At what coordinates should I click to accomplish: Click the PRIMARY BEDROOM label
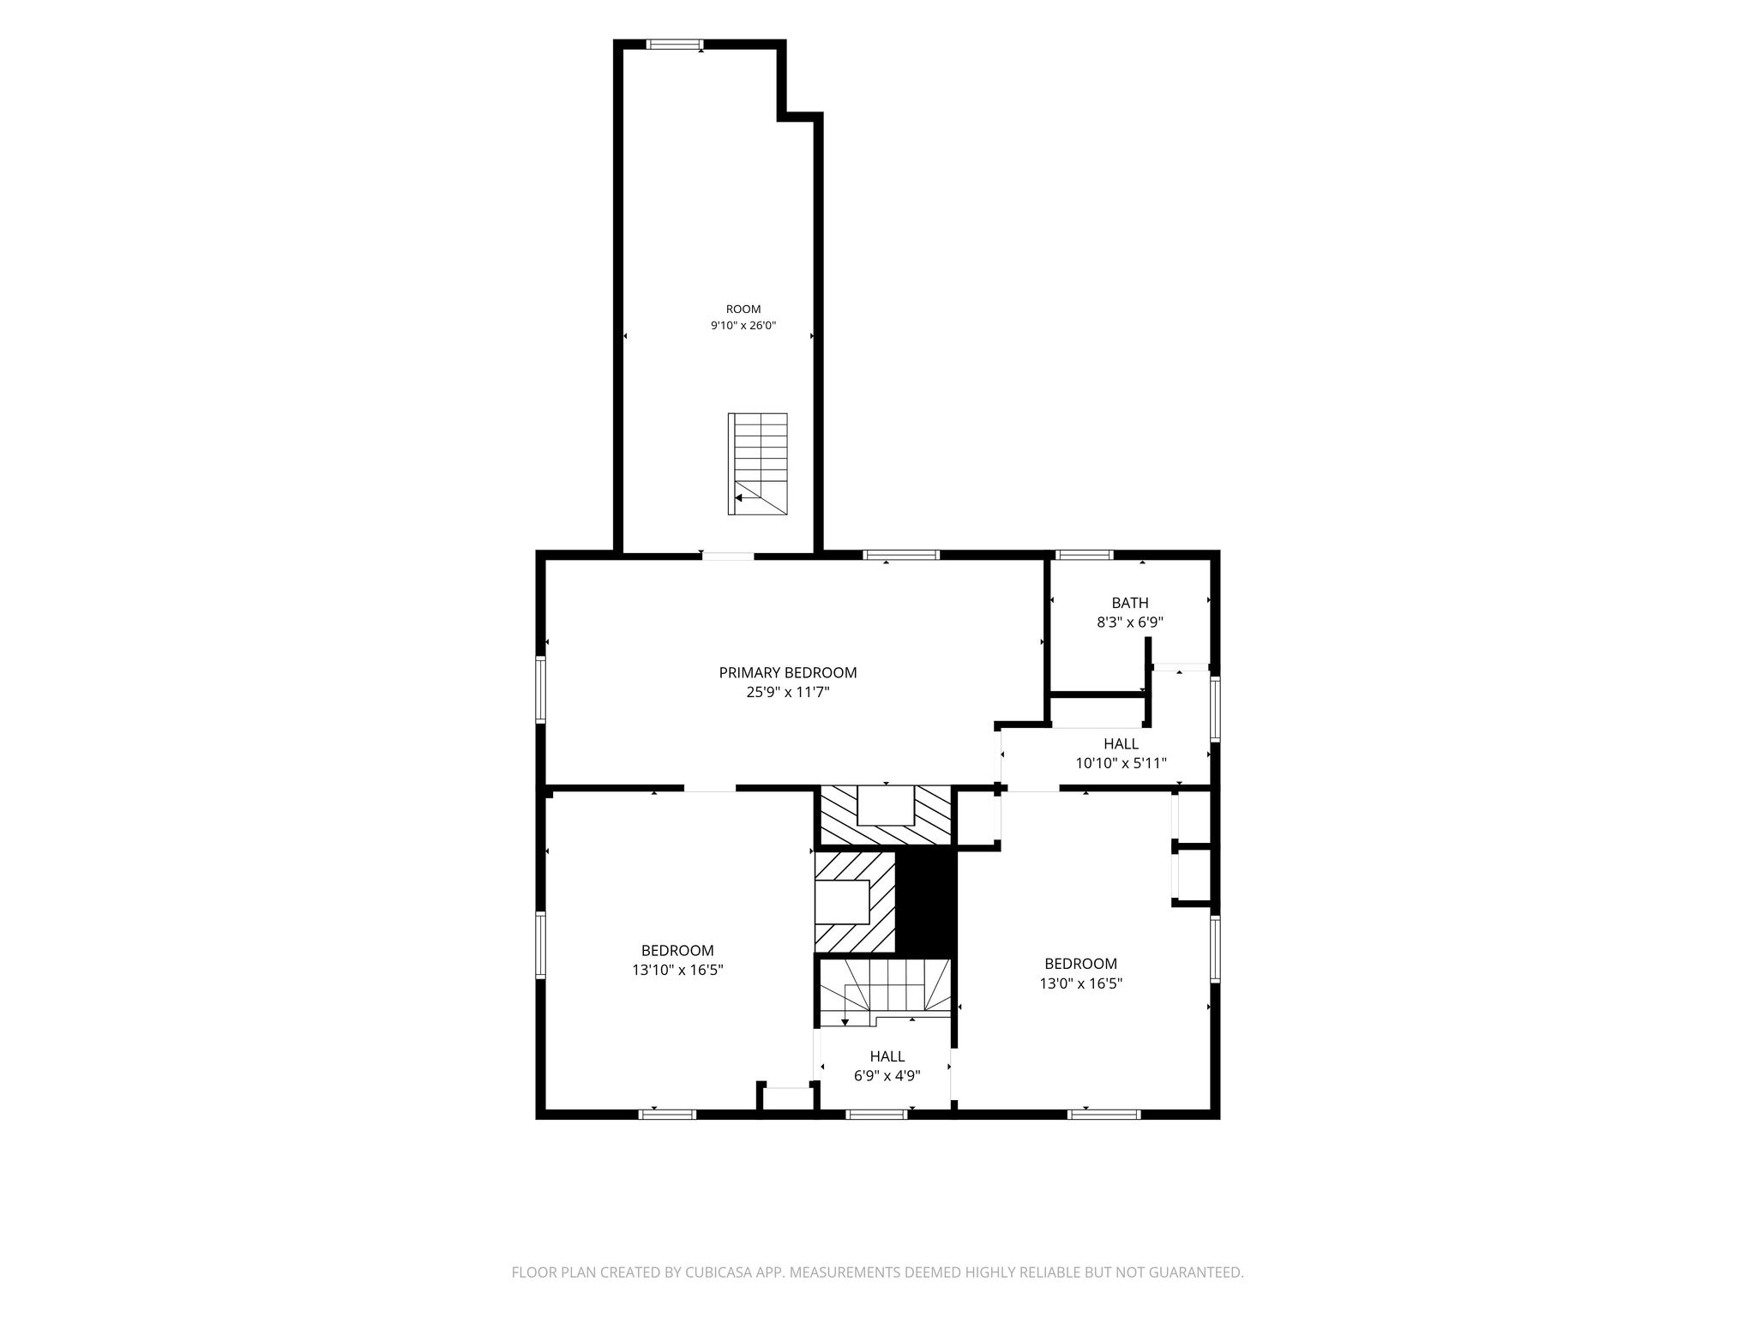pyautogui.click(x=788, y=673)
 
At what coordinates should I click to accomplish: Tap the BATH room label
pyautogui.click(x=1130, y=603)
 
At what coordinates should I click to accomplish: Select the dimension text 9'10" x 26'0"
pyautogui.click(x=743, y=326)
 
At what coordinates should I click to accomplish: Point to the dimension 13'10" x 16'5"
pyautogui.click(x=677, y=970)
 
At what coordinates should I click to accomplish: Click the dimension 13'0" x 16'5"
pyautogui.click(x=1081, y=983)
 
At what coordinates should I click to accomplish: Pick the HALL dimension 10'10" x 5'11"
pyautogui.click(x=1122, y=763)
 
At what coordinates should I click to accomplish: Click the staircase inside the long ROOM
pyautogui.click(x=758, y=464)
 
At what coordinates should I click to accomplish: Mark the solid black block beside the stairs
pyautogui.click(x=925, y=902)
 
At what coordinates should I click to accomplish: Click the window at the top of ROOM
pyautogui.click(x=675, y=45)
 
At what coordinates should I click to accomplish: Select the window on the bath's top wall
pyautogui.click(x=1084, y=555)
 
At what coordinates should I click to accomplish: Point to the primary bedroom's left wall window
pyautogui.click(x=541, y=689)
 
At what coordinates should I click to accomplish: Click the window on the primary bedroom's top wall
pyautogui.click(x=901, y=555)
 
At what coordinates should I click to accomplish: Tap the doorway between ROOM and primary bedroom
pyautogui.click(x=728, y=556)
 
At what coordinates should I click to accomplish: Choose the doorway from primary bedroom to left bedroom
pyautogui.click(x=710, y=787)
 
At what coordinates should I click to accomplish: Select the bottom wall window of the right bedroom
pyautogui.click(x=1104, y=1115)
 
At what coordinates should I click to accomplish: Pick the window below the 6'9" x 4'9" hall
pyautogui.click(x=876, y=1115)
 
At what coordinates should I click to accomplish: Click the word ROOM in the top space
pyautogui.click(x=743, y=310)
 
